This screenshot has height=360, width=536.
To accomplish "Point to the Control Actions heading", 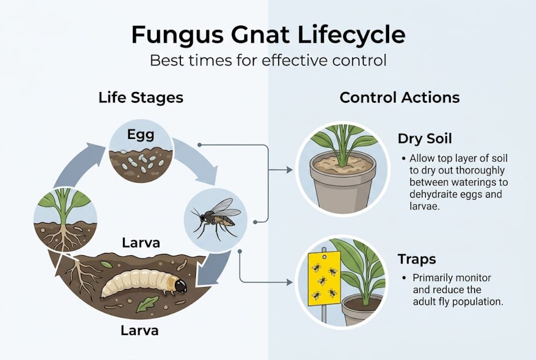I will pos(400,97).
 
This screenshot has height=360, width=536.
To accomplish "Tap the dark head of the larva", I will pos(180,285).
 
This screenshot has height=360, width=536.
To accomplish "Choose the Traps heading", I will pos(417,259).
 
